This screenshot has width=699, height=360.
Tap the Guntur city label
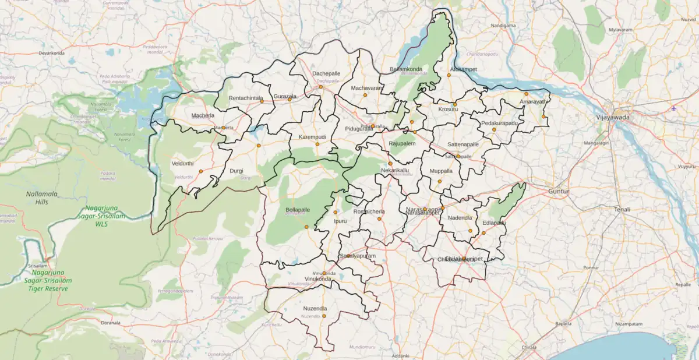(559, 191)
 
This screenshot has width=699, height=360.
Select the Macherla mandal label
(203, 115)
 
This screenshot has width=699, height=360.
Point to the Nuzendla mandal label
(315, 308)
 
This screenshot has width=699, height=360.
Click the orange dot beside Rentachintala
(262, 101)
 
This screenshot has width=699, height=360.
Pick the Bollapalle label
(298, 209)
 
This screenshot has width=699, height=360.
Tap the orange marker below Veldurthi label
(200, 171)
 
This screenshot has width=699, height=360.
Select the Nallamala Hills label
(41, 197)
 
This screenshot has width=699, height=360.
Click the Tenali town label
(622, 209)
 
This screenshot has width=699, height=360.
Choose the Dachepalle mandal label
(326, 73)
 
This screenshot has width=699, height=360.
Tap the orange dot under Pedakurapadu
(493, 129)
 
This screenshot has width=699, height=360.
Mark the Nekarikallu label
(395, 170)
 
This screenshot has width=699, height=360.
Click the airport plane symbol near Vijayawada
(674, 108)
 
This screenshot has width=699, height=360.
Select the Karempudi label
(312, 137)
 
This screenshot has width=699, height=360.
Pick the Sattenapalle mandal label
(463, 144)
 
